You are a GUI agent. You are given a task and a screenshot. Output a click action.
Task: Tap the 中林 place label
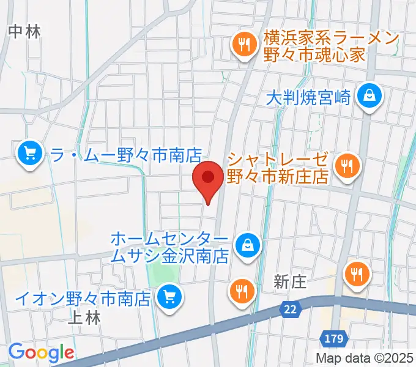tap(25, 32)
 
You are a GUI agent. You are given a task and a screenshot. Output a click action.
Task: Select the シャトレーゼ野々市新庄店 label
tap(278, 168)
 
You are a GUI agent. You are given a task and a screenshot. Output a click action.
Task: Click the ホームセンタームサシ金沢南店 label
tap(170, 247)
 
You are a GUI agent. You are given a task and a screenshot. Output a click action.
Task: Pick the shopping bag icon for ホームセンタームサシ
tap(248, 246)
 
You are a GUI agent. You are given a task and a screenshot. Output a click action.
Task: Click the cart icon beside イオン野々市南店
tap(168, 298)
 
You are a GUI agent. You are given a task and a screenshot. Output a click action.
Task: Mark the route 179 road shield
tap(333, 337)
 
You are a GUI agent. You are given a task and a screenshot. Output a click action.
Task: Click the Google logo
tap(41, 352)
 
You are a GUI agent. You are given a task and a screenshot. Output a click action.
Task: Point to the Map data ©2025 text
tap(365, 357)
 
